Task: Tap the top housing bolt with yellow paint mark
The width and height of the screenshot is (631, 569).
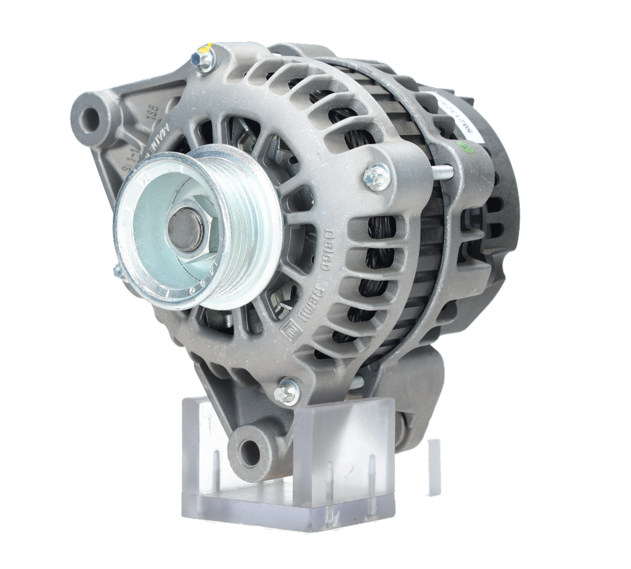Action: pos(203,59)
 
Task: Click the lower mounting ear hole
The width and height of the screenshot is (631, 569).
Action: pos(250,453)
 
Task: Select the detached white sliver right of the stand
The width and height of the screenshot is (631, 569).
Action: pos(434,466)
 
